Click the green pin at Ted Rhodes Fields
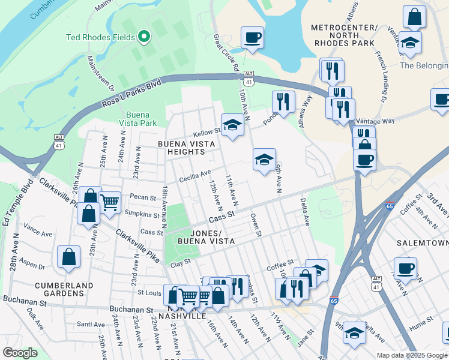tap(143, 37)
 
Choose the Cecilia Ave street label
tap(195, 176)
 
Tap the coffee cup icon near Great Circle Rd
tap(252, 37)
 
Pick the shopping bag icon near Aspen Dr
tap(69, 257)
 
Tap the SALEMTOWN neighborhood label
tap(423, 243)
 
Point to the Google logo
tap(20, 353)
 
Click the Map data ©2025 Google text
tap(411, 355)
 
